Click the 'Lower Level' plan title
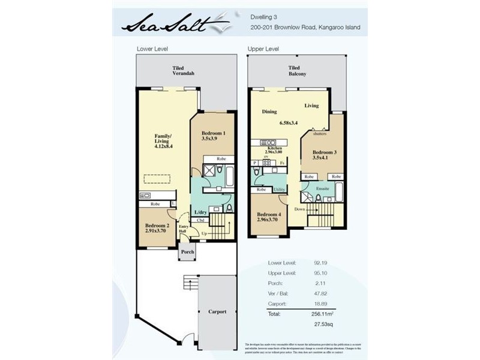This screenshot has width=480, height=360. coord(152,48)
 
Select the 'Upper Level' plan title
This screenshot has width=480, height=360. coord(263,48)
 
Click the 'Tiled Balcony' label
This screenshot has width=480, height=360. coord(296,71)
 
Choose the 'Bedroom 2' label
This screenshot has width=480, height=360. coord(157,226)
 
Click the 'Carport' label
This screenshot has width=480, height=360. coord(217,311)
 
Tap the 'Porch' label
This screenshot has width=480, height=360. coord(187,252)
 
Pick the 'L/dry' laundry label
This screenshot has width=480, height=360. coord(201,212)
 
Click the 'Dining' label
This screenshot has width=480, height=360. coord(269,112)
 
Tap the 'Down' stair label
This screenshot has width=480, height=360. coord(299,208)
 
